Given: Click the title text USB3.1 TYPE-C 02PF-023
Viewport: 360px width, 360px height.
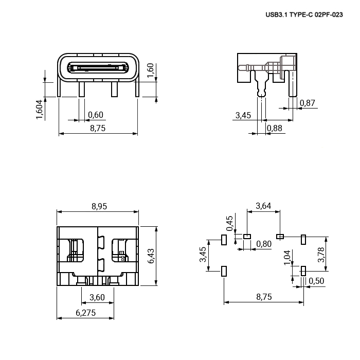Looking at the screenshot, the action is tap(304, 15).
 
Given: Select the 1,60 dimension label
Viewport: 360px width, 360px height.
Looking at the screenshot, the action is tap(150, 70).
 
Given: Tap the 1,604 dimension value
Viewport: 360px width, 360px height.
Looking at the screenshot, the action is tap(39, 110).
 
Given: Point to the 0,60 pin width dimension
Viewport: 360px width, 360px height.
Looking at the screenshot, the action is tap(96, 115).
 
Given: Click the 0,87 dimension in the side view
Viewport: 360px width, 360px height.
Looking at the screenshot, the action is tap(308, 103).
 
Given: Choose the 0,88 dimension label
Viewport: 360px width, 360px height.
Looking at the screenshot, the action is tap(275, 128).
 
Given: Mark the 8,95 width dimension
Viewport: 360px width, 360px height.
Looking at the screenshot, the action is tap(99, 206).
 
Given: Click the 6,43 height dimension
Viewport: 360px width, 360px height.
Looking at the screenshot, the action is tap(151, 256).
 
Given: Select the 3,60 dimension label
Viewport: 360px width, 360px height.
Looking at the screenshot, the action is tap(97, 297).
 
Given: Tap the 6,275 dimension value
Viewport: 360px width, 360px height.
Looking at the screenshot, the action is tap(86, 313).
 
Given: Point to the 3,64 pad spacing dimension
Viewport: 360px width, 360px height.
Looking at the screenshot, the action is tap(263, 206).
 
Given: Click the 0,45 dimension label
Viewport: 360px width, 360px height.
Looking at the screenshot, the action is tap(229, 223).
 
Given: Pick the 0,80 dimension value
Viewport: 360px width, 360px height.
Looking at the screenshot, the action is tap(264, 244).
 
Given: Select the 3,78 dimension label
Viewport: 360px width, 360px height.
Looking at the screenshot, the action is tap(321, 255).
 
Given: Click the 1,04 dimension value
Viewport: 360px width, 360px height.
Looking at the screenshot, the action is tap(287, 258).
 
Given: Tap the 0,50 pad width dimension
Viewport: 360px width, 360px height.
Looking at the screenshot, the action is tap(316, 281).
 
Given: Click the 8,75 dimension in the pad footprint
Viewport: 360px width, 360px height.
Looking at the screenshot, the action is tap(264, 297).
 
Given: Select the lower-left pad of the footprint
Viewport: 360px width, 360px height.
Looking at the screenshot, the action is tap(224, 271).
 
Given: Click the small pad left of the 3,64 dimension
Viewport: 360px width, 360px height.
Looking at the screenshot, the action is tap(247, 236).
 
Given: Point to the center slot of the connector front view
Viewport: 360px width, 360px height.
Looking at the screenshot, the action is tap(98, 68).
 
